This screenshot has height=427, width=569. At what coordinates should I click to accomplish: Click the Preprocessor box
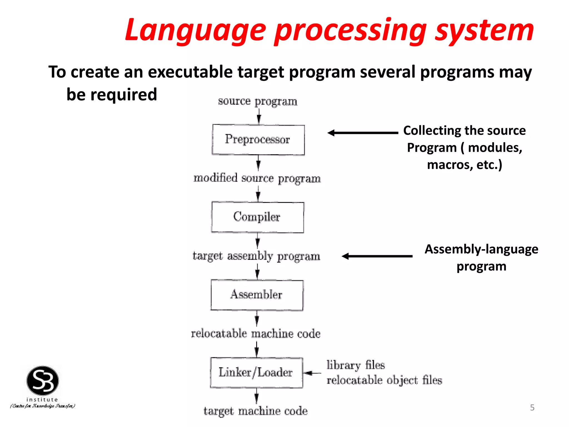click(258, 140)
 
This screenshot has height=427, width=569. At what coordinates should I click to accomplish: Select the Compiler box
click(258, 217)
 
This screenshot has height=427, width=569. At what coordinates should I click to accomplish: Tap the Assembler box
click(257, 295)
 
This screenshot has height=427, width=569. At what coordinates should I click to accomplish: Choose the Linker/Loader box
click(256, 373)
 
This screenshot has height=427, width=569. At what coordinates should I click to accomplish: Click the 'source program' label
click(258, 101)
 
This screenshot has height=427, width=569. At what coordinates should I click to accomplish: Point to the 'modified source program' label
click(257, 178)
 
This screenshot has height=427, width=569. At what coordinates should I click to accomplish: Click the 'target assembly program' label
click(256, 256)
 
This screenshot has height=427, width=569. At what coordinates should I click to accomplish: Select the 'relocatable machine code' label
click(256, 334)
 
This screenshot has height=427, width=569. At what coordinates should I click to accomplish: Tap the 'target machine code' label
click(256, 411)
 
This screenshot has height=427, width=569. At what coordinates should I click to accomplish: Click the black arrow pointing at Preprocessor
click(363, 133)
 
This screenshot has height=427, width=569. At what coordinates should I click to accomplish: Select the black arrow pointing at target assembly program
click(377, 256)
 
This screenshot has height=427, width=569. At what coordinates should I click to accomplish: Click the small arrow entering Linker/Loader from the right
click(312, 373)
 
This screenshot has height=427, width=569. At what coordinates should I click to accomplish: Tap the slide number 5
click(532, 408)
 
